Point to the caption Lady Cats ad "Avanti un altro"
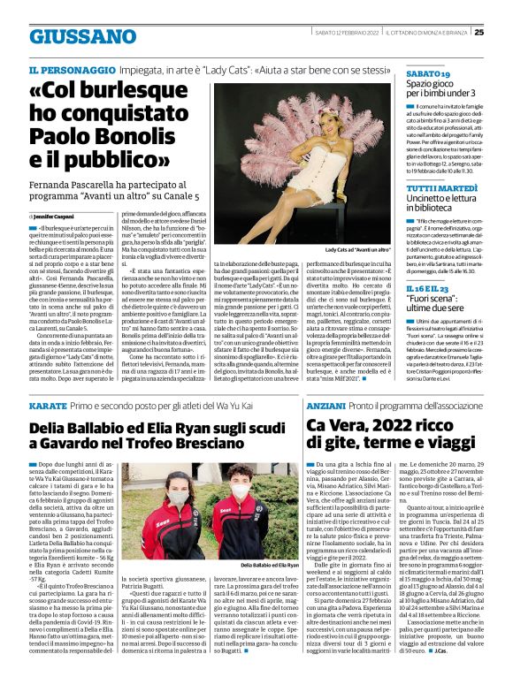tap(357, 250)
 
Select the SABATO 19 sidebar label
tap(428, 74)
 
